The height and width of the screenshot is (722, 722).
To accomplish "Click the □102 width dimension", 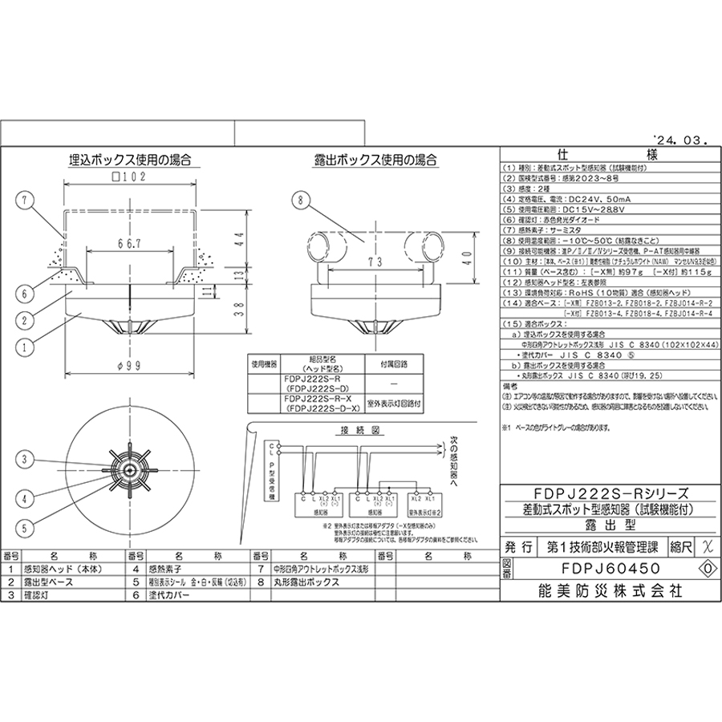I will (128, 180).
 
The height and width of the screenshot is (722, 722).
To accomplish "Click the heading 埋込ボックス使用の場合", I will (128, 160).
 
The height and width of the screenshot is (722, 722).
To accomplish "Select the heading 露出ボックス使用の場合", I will (376, 160).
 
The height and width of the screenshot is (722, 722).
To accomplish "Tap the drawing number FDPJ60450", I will (599, 568).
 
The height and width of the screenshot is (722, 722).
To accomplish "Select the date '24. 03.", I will (679, 139).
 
